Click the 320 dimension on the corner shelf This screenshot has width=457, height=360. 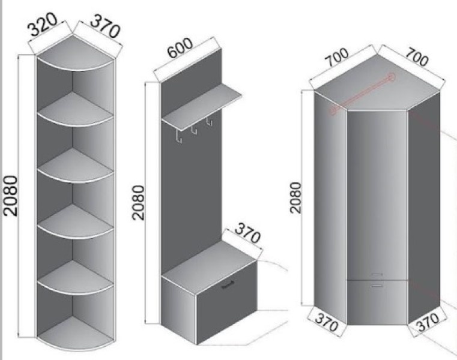pyautogui.click(x=43, y=24)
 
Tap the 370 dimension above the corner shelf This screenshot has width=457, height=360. pyautogui.click(x=105, y=26)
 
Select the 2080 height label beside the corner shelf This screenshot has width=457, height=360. pyautogui.click(x=11, y=196)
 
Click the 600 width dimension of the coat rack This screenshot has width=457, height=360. pyautogui.click(x=180, y=48)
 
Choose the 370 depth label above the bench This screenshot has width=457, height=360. pyautogui.click(x=247, y=232)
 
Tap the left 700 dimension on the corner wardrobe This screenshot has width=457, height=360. pyautogui.click(x=337, y=57)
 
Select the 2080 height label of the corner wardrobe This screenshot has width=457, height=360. pyautogui.click(x=295, y=197)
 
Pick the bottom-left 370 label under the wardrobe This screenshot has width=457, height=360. pyautogui.click(x=327, y=322)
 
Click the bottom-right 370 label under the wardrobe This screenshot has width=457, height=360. pyautogui.click(x=428, y=322)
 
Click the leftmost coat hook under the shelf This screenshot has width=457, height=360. pyautogui.click(x=179, y=137)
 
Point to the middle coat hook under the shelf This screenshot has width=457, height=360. pyautogui.click(x=194, y=130)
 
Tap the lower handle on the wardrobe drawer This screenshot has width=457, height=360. pyautogui.click(x=378, y=286)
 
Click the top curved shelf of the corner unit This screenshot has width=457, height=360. pyautogui.click(x=75, y=55)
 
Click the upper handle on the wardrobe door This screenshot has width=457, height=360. pyautogui.click(x=377, y=274)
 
